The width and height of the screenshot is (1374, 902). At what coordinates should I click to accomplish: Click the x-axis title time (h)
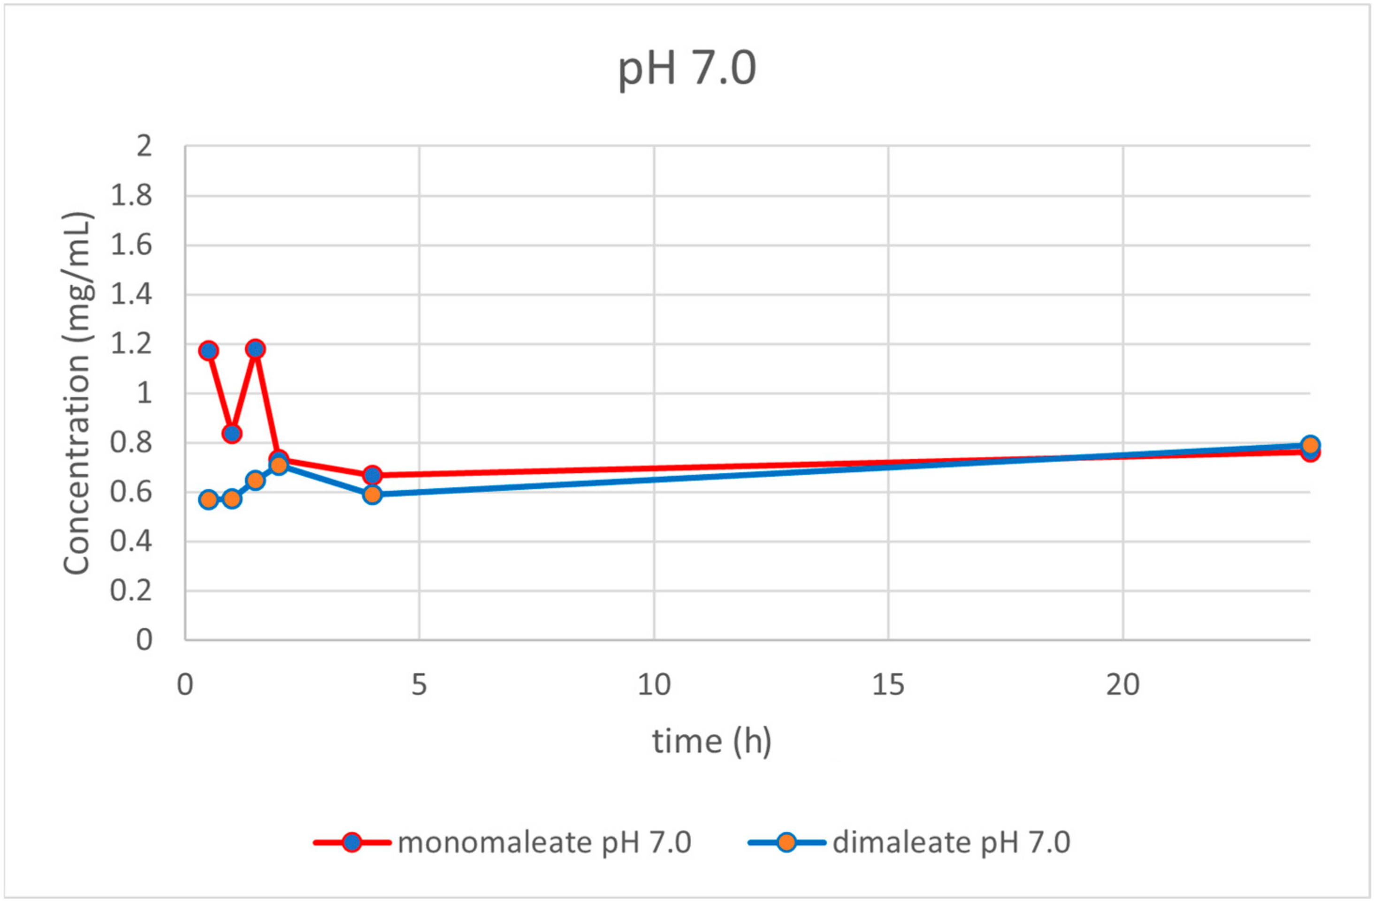click(x=711, y=741)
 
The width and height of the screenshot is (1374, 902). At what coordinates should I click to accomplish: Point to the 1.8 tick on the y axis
click(x=131, y=196)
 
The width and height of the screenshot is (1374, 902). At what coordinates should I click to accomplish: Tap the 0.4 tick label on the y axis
click(x=131, y=542)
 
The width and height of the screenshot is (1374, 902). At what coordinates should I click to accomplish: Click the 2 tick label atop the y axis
click(x=144, y=147)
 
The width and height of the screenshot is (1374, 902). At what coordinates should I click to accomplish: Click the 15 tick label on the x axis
click(x=888, y=685)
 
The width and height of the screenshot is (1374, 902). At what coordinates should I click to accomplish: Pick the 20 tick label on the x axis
click(x=1122, y=685)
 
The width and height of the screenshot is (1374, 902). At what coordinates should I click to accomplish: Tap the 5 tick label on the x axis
click(x=419, y=685)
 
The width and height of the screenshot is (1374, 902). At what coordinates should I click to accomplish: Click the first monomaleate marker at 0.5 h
click(x=208, y=351)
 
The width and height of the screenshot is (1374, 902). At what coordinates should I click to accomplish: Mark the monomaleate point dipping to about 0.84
click(x=232, y=433)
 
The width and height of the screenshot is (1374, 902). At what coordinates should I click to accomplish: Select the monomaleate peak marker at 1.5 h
click(x=255, y=349)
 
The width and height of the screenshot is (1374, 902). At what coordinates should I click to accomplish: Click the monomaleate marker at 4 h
click(x=373, y=474)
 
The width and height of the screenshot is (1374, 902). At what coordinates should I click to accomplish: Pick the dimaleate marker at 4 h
click(x=373, y=494)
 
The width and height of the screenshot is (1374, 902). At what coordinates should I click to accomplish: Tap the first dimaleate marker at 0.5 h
click(x=208, y=499)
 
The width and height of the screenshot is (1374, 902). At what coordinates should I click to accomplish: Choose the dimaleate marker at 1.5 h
click(x=255, y=480)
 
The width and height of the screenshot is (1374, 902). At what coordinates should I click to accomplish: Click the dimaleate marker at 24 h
click(x=1310, y=444)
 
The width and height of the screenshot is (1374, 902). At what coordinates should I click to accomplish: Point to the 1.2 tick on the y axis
click(x=131, y=344)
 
